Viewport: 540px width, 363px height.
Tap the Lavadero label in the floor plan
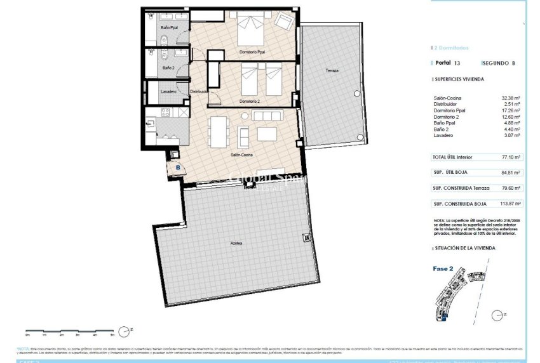pyautogui.click(x=169, y=91)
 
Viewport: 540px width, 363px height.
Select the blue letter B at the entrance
pyautogui.click(x=178, y=168)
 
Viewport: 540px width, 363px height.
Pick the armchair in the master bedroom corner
pyautogui.click(x=284, y=22)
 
